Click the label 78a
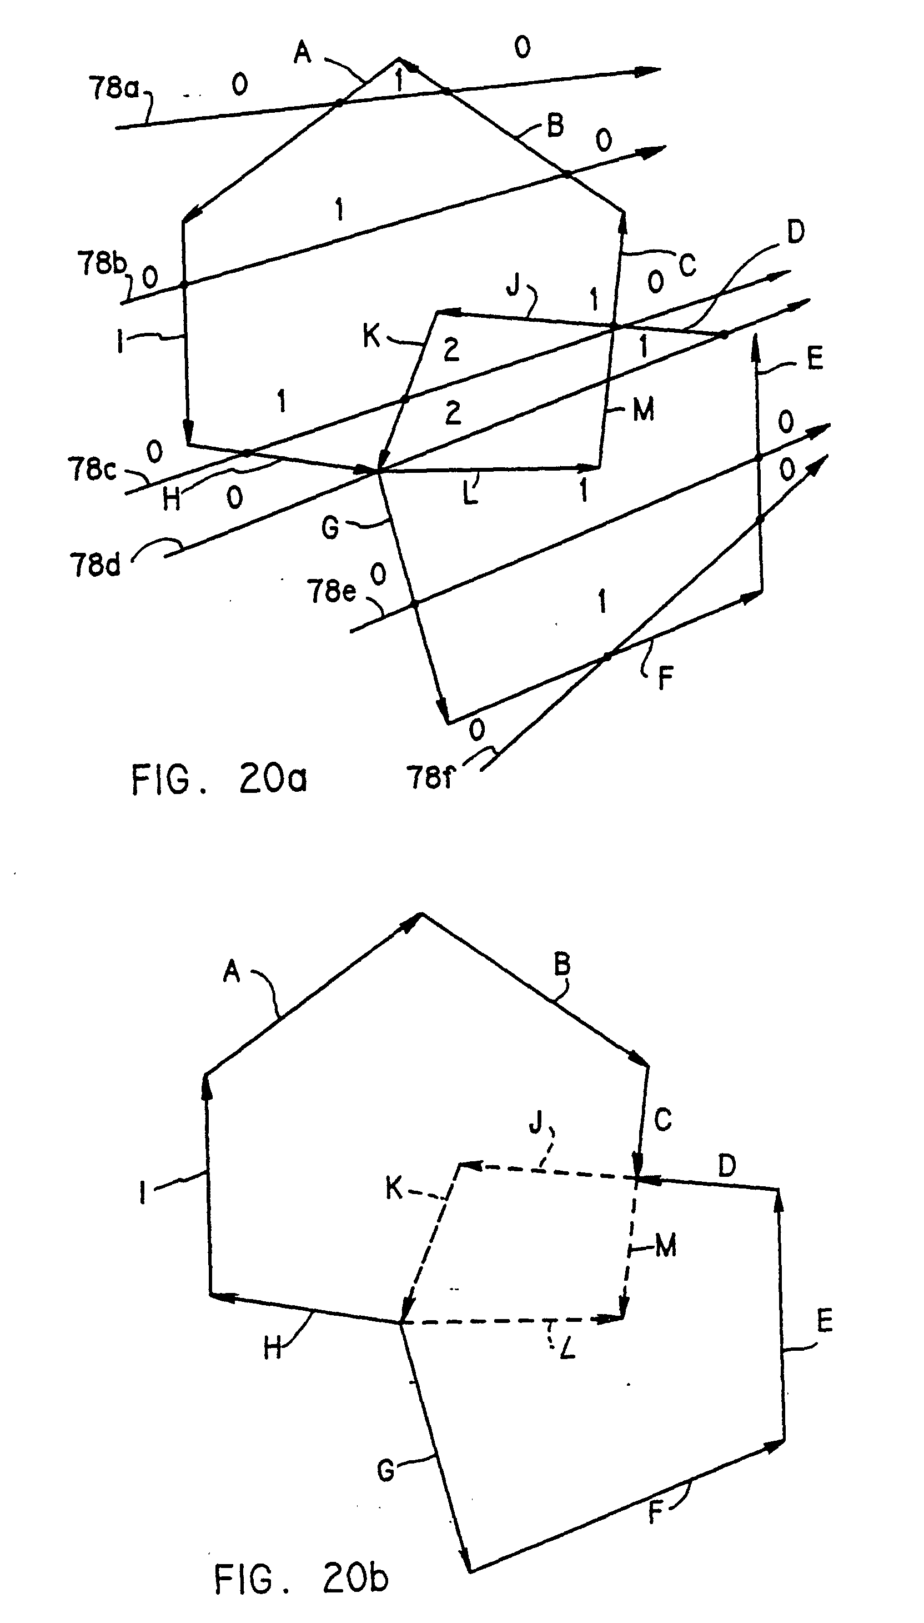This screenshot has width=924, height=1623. tap(113, 88)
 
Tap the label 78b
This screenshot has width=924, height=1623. tap(102, 262)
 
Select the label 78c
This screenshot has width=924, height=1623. tap(92, 470)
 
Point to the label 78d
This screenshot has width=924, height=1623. tap(94, 564)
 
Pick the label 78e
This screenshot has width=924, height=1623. tap(332, 591)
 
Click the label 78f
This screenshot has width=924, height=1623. tap(430, 777)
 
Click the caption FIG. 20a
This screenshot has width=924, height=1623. tap(219, 778)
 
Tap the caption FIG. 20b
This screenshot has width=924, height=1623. tap(301, 1579)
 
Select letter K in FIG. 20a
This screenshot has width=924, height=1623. tap(371, 336)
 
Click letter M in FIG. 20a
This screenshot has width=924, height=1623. tap(644, 410)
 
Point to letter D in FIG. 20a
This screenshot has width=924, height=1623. tap(795, 232)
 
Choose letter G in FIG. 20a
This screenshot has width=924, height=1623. tap(330, 528)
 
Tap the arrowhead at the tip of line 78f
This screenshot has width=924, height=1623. tap(818, 464)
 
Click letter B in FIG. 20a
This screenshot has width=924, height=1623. tap(555, 125)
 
